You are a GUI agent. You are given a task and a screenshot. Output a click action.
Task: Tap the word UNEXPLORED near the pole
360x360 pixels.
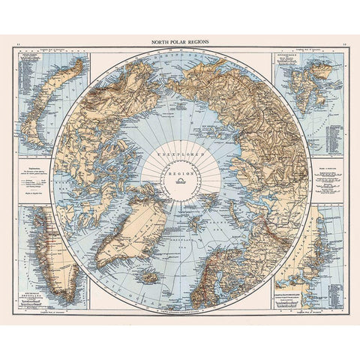[x=179, y=152]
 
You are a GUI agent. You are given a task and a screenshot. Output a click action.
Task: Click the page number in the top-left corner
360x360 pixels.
[x=18, y=45]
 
